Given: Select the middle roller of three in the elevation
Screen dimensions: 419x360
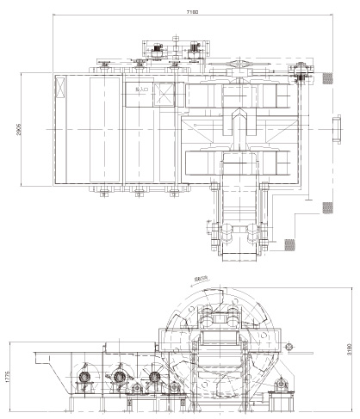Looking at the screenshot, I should (119, 377).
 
